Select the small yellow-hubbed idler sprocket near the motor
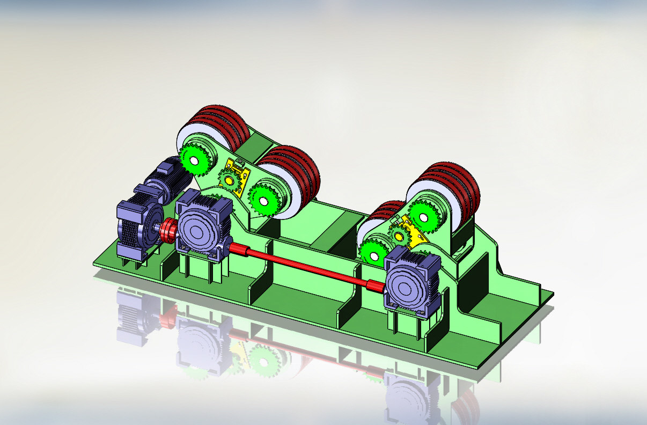coord(231,180)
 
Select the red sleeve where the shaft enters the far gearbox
coord(376,286)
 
